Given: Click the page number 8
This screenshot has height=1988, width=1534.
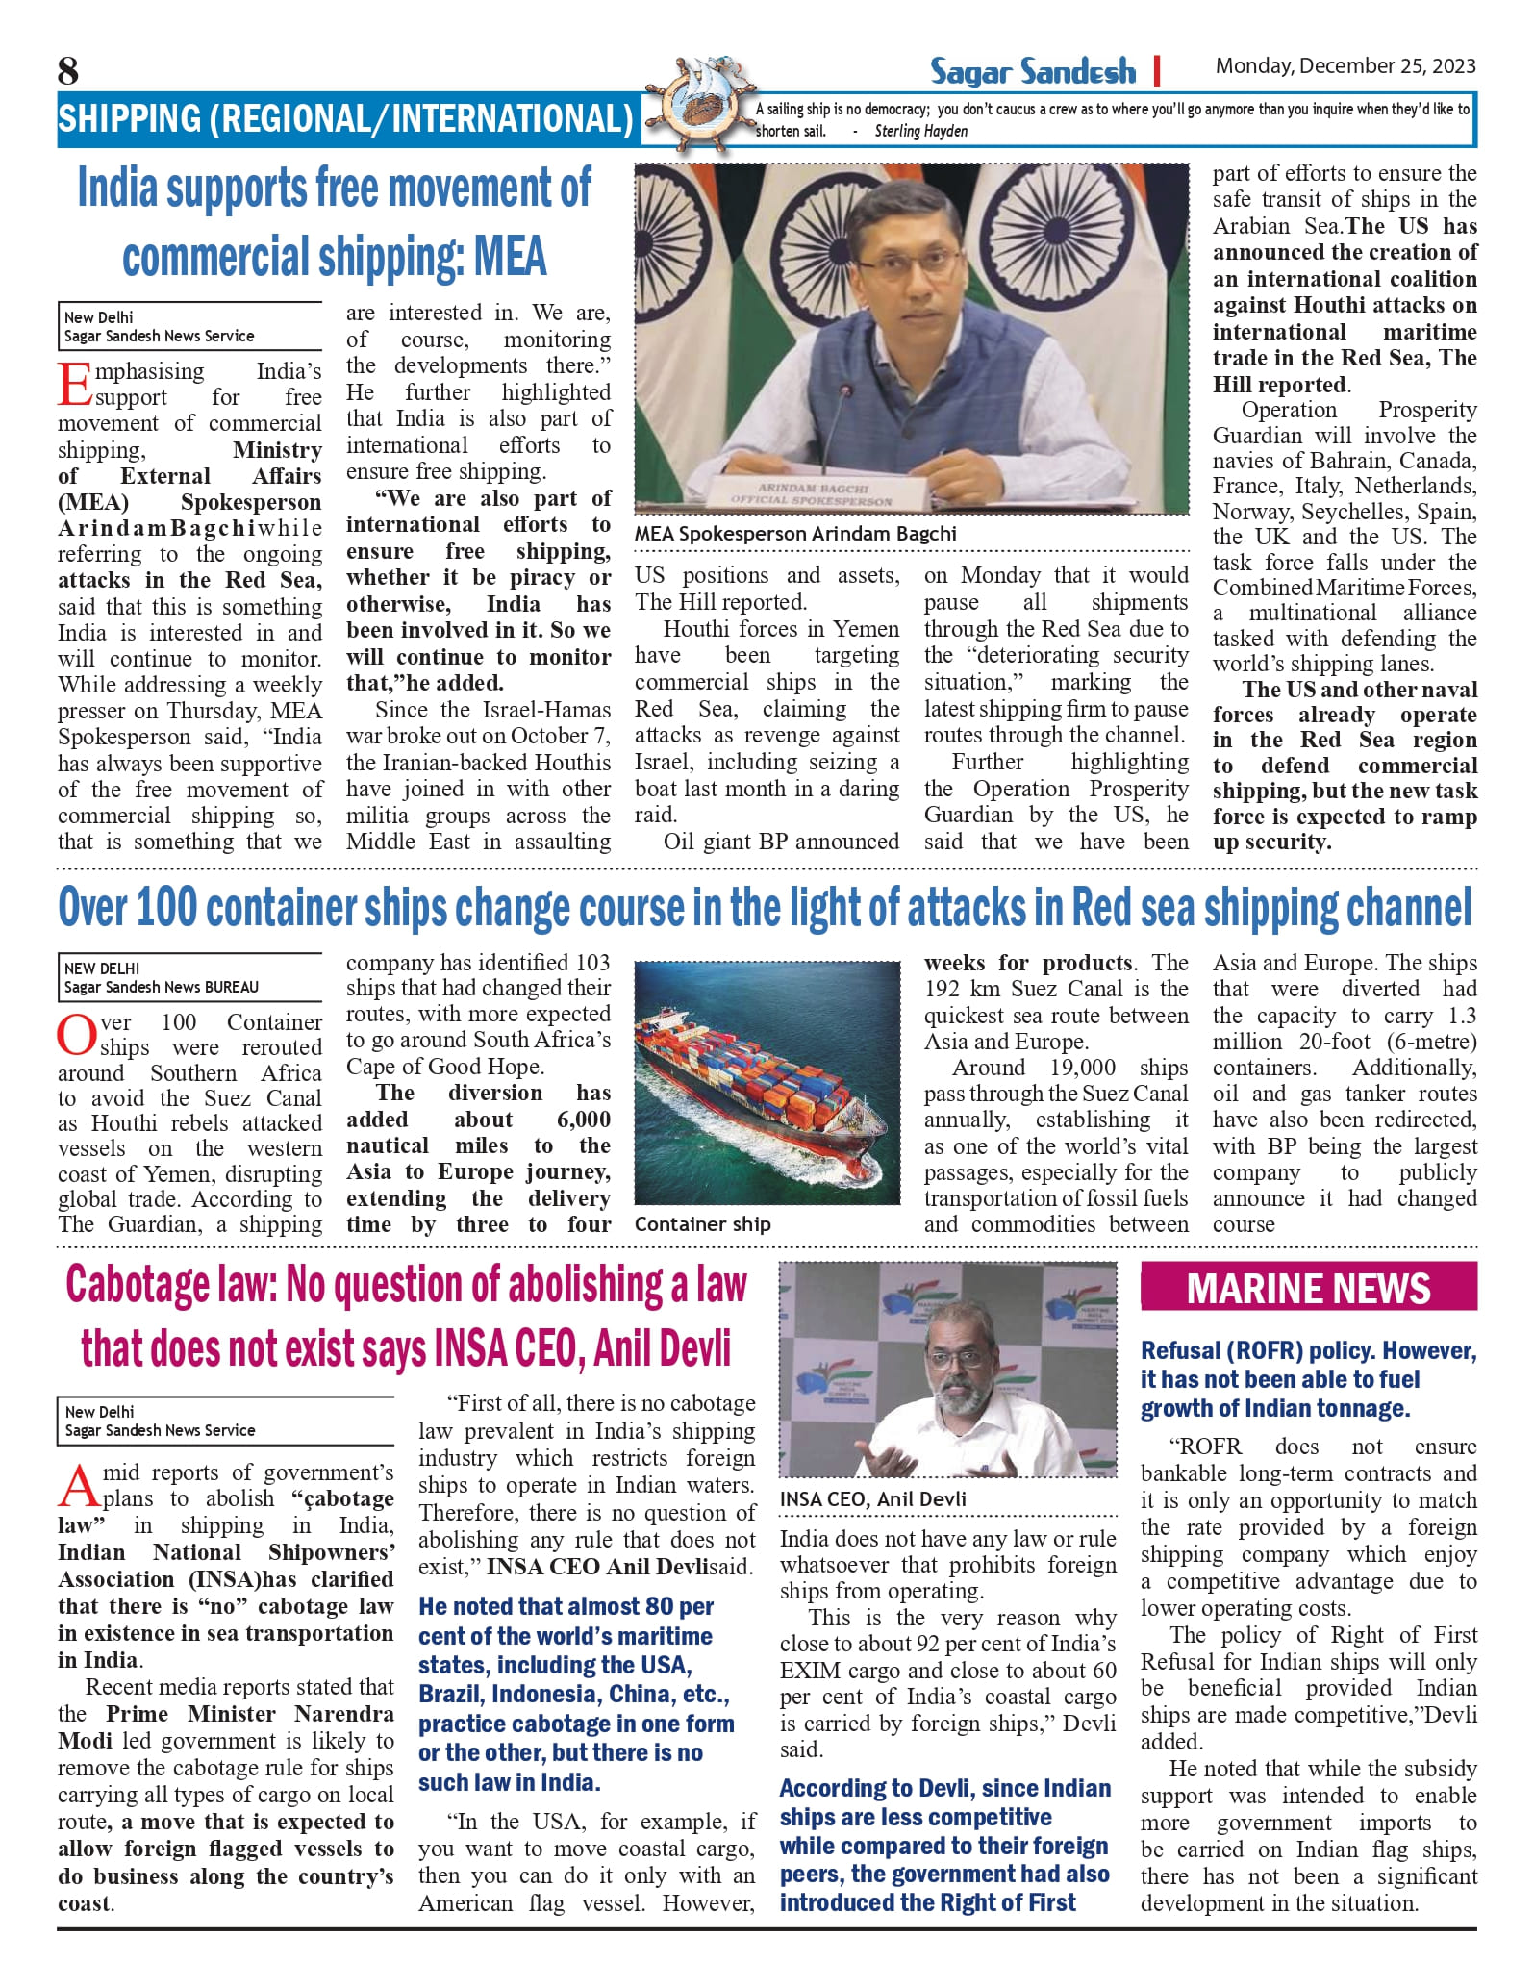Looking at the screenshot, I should click(68, 71).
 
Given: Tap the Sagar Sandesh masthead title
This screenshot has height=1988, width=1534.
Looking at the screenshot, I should click(1032, 71).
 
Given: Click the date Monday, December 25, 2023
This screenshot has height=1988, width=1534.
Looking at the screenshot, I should click(1345, 66).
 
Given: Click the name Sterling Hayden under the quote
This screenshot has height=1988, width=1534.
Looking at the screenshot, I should click(920, 132).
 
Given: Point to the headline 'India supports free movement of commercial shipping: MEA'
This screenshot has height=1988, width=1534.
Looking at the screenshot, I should click(334, 222).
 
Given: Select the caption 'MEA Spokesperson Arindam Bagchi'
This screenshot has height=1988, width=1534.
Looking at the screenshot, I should click(795, 534).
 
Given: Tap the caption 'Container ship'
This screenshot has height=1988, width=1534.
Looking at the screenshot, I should click(702, 1224).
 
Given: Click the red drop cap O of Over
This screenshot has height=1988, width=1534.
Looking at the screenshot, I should click(75, 1035).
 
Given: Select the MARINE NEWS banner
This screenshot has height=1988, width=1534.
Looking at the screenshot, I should click(1308, 1289).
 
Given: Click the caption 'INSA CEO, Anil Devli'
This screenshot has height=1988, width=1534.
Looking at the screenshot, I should click(873, 1499).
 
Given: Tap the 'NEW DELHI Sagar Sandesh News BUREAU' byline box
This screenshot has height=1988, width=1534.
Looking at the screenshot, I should click(189, 977).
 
